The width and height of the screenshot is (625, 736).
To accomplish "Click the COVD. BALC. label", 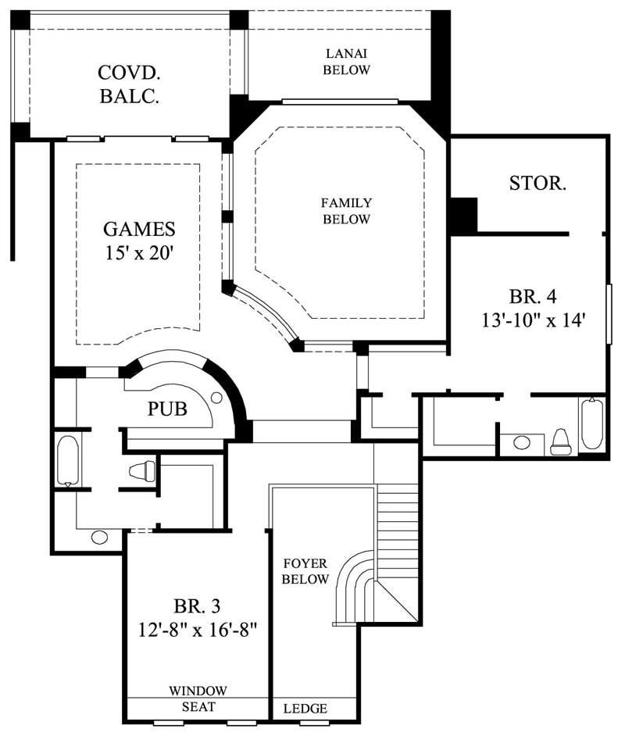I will coord(130,84).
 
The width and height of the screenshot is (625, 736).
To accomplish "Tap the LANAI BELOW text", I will coord(347,62).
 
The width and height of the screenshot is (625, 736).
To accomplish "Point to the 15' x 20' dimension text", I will coord(139,255).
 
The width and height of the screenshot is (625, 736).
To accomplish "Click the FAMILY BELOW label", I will coord(346,211).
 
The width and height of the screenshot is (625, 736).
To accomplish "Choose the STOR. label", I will coord(537,184).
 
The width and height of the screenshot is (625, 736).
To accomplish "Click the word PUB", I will coord(167,409).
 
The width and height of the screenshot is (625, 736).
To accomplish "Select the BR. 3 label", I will coord(196,606).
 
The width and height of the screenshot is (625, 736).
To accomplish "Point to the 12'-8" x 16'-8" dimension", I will coord(196,627).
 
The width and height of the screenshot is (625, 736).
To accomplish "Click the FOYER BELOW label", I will coord(305,571).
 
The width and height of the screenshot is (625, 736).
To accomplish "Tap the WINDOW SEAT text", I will coord(198,698).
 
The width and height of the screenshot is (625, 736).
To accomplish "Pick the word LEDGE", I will coord(305,709).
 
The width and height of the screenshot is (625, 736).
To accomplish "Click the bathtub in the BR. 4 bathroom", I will coord(591,425).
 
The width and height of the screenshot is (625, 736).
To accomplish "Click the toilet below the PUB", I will coord(144,470).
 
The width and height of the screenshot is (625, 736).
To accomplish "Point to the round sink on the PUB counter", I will coord(216,398).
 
